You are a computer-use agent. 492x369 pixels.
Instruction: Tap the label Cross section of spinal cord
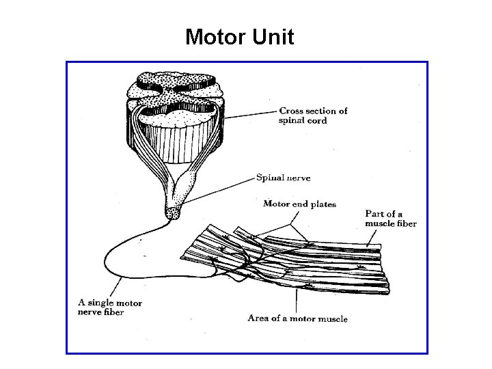312,115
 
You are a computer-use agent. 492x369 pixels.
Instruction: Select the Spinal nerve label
283,178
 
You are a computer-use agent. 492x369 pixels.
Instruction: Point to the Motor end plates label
299,204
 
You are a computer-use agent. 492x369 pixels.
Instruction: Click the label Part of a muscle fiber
390,219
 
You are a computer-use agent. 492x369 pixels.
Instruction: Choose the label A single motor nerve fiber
109,307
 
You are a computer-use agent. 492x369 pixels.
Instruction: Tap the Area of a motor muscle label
297,318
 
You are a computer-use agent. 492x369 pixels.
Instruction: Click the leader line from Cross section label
253,113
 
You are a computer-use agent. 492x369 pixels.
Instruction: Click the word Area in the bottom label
258,318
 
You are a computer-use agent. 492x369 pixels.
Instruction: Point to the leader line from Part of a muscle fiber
375,236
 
